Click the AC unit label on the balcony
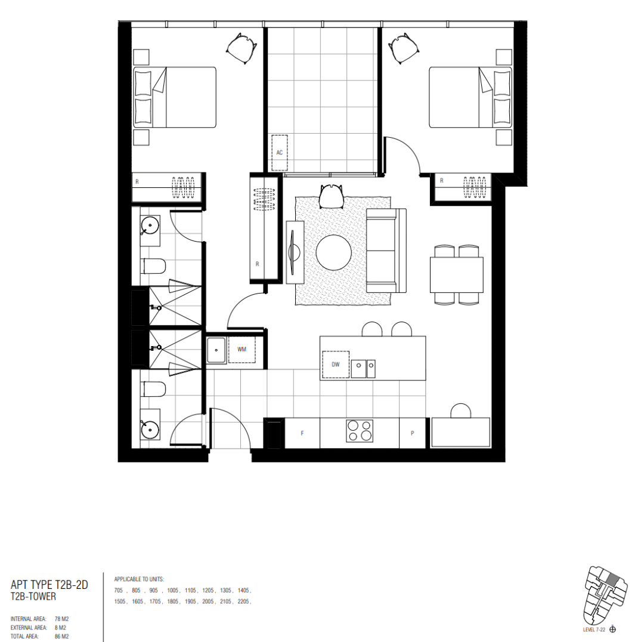[279, 153]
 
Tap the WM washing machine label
[241, 350]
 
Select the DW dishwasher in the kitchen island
[336, 365]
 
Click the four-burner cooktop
[360, 431]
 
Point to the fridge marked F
[302, 433]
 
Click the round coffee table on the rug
[333, 252]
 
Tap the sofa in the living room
[386, 251]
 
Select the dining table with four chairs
[456, 274]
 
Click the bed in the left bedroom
[175, 97]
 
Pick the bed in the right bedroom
[470, 97]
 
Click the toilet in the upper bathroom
[153, 266]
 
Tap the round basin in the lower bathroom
[150, 430]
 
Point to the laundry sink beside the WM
[216, 350]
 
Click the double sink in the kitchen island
[363, 369]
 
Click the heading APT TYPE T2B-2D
[49, 585]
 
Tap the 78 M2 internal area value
[61, 619]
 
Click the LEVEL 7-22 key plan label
[594, 629]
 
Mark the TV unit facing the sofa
[295, 252]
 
